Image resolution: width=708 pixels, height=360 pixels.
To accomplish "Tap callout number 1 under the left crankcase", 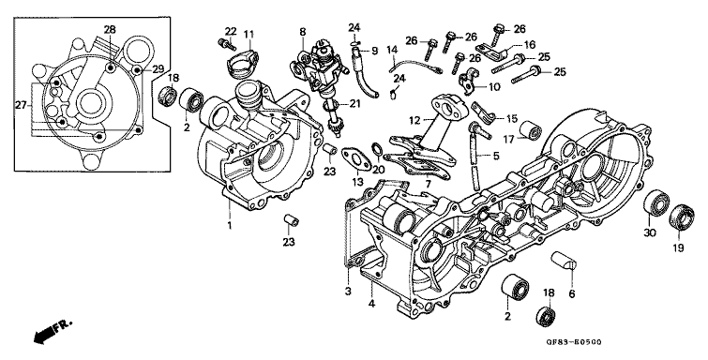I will pyautogui.click(x=229, y=224).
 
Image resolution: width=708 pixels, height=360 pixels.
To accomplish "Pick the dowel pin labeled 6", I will pyautogui.click(x=564, y=260).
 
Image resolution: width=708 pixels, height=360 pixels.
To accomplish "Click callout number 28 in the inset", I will pyautogui.click(x=111, y=31).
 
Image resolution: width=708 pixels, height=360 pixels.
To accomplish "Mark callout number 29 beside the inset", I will pyautogui.click(x=158, y=69).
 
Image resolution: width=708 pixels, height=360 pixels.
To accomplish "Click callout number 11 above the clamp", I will pyautogui.click(x=249, y=35).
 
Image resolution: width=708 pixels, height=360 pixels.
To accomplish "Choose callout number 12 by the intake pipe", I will pyautogui.click(x=414, y=119).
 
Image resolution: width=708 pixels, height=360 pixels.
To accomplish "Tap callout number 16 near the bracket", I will pyautogui.click(x=530, y=44).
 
